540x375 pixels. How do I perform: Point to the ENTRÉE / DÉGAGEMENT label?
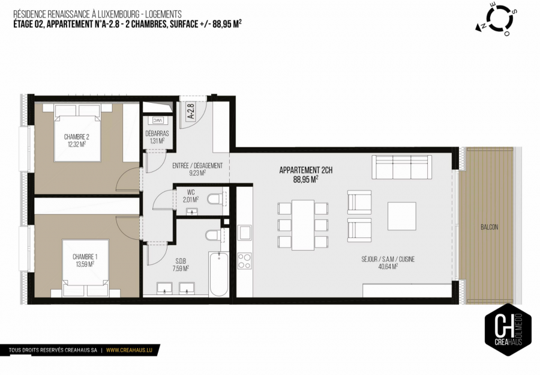point(197,169)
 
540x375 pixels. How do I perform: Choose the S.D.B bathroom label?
point(181,265)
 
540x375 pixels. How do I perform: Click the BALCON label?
point(489,227)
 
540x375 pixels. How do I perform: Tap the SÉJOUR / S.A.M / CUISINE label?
point(388,263)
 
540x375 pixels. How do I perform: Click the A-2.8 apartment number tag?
point(190,112)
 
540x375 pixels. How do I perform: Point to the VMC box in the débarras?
point(157,120)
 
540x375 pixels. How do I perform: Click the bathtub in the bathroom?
point(218,273)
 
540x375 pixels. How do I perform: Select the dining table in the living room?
point(303,225)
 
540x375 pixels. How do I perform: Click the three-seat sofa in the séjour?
point(402,167)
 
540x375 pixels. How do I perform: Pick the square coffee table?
point(401,216)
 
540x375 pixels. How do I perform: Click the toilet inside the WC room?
point(215,199)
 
